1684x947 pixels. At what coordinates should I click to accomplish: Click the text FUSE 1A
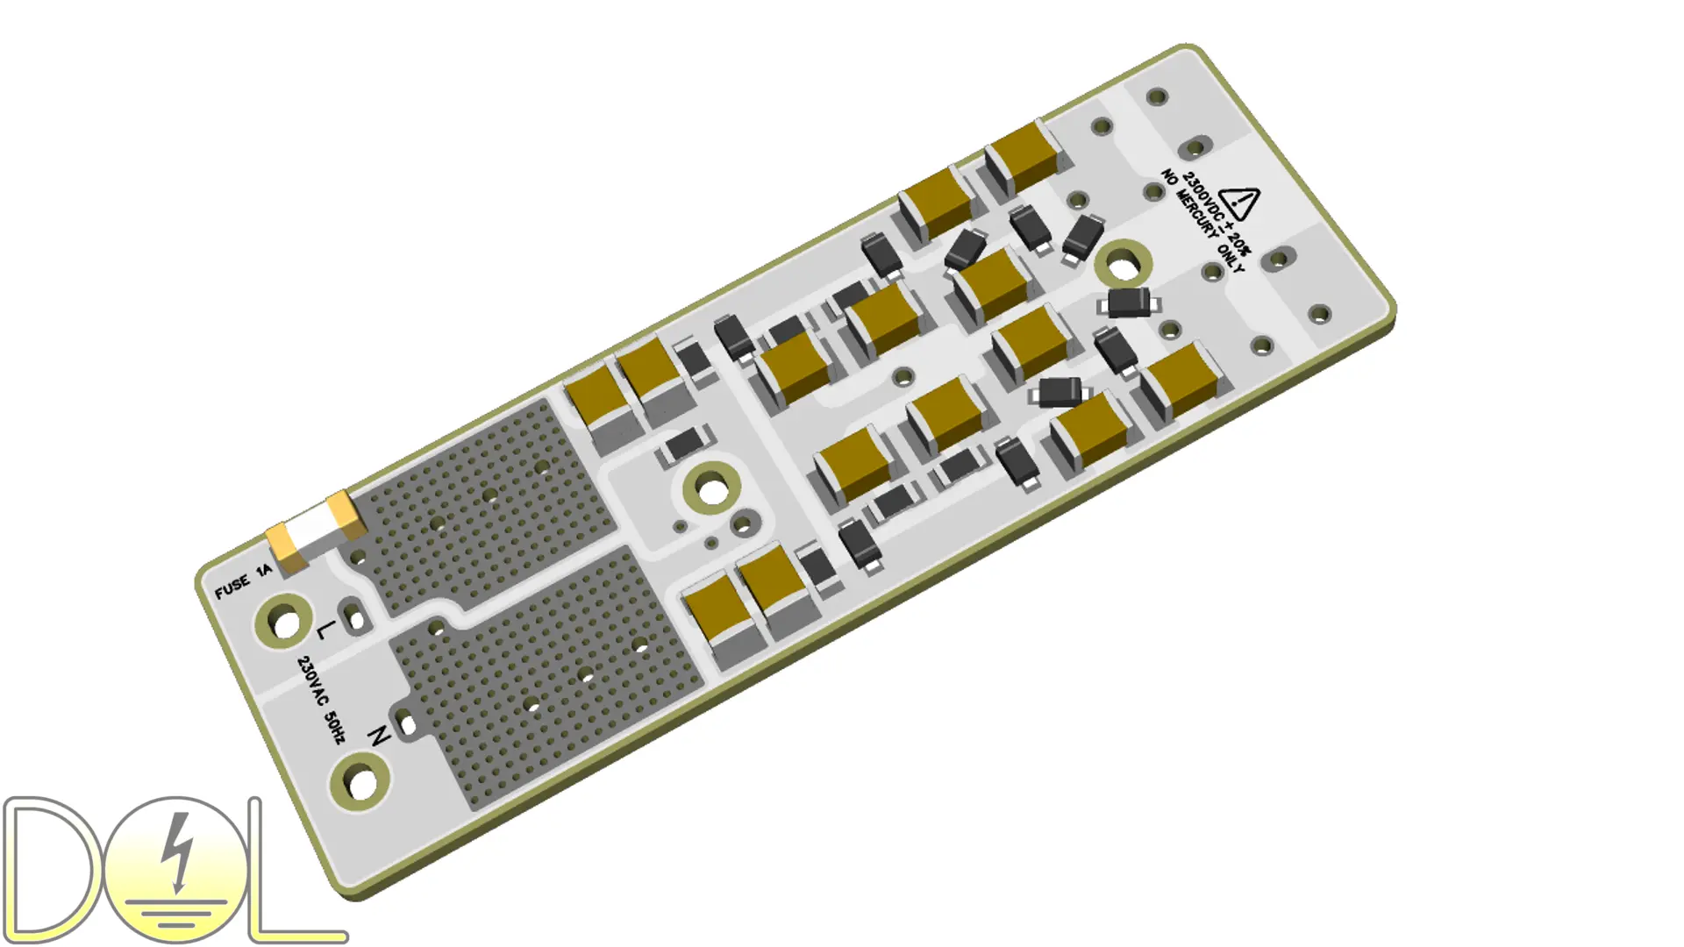click(244, 581)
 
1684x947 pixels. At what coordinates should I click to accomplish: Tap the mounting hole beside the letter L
click(284, 622)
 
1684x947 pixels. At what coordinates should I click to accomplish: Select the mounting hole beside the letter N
click(360, 781)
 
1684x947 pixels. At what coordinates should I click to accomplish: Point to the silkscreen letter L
click(325, 629)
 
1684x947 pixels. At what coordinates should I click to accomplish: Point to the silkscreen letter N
click(378, 736)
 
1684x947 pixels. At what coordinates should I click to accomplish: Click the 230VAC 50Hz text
click(321, 699)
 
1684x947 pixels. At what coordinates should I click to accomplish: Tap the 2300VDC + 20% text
click(1217, 215)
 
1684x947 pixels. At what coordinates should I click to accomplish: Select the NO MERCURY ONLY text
click(1202, 221)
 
